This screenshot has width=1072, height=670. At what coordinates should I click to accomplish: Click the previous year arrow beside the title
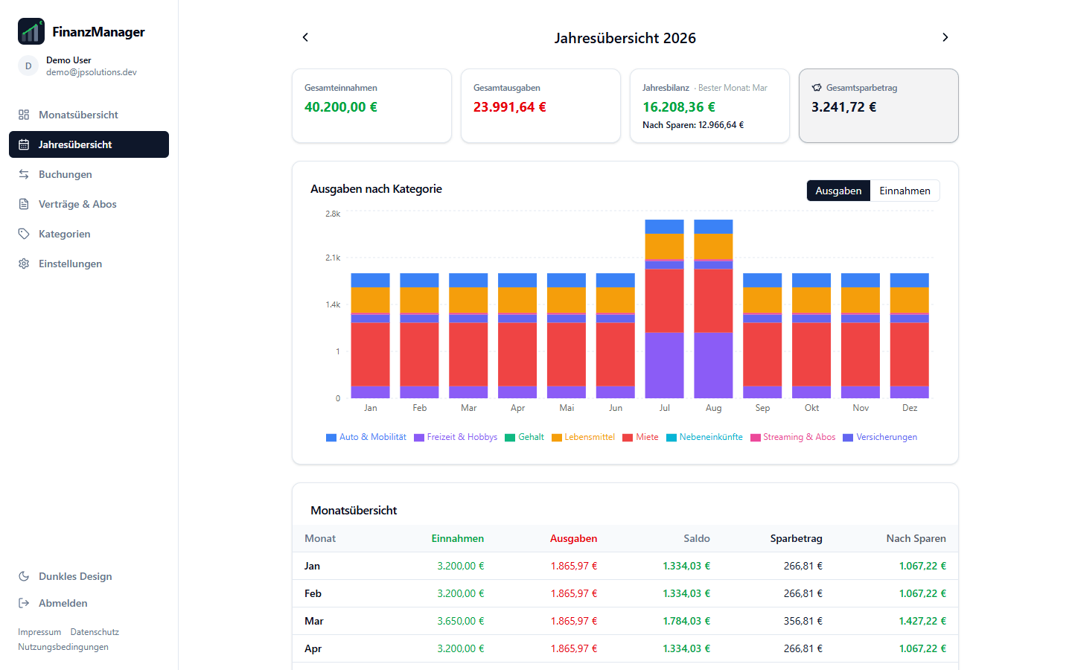[x=305, y=37]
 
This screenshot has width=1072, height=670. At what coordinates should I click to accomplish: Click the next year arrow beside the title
[x=945, y=37]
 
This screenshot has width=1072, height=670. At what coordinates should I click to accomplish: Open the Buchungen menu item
[x=65, y=174]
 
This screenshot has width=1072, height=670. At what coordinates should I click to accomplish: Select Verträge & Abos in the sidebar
[x=77, y=204]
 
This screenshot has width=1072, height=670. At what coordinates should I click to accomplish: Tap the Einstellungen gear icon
[x=24, y=264]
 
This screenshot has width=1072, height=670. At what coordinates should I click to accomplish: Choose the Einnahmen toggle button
[x=904, y=191]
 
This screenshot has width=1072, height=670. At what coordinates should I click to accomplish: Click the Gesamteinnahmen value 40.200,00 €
[x=341, y=106]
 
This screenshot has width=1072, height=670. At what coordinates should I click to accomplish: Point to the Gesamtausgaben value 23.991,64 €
[x=510, y=106]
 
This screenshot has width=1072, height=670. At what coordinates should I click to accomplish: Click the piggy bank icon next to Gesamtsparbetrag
[x=817, y=88]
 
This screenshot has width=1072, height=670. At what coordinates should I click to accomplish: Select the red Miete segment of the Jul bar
[x=664, y=301]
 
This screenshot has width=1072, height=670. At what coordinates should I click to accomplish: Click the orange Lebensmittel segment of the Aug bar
[x=713, y=246]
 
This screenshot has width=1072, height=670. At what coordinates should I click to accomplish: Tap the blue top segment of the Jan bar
[x=371, y=280]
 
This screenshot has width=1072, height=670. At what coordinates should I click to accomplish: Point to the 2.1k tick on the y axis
[x=333, y=258]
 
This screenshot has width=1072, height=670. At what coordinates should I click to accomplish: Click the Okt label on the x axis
[x=811, y=408]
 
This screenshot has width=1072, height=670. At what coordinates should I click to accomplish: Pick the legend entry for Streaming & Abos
[x=793, y=437]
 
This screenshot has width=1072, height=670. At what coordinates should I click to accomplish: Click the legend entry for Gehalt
[x=525, y=437]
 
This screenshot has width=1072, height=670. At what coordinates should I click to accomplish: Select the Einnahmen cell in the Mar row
[x=460, y=621]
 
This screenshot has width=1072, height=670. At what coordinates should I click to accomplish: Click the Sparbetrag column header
[x=797, y=538]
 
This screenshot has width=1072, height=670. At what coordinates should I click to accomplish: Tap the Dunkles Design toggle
[x=65, y=576]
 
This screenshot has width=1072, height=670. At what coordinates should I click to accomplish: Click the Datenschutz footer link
[x=95, y=632]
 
